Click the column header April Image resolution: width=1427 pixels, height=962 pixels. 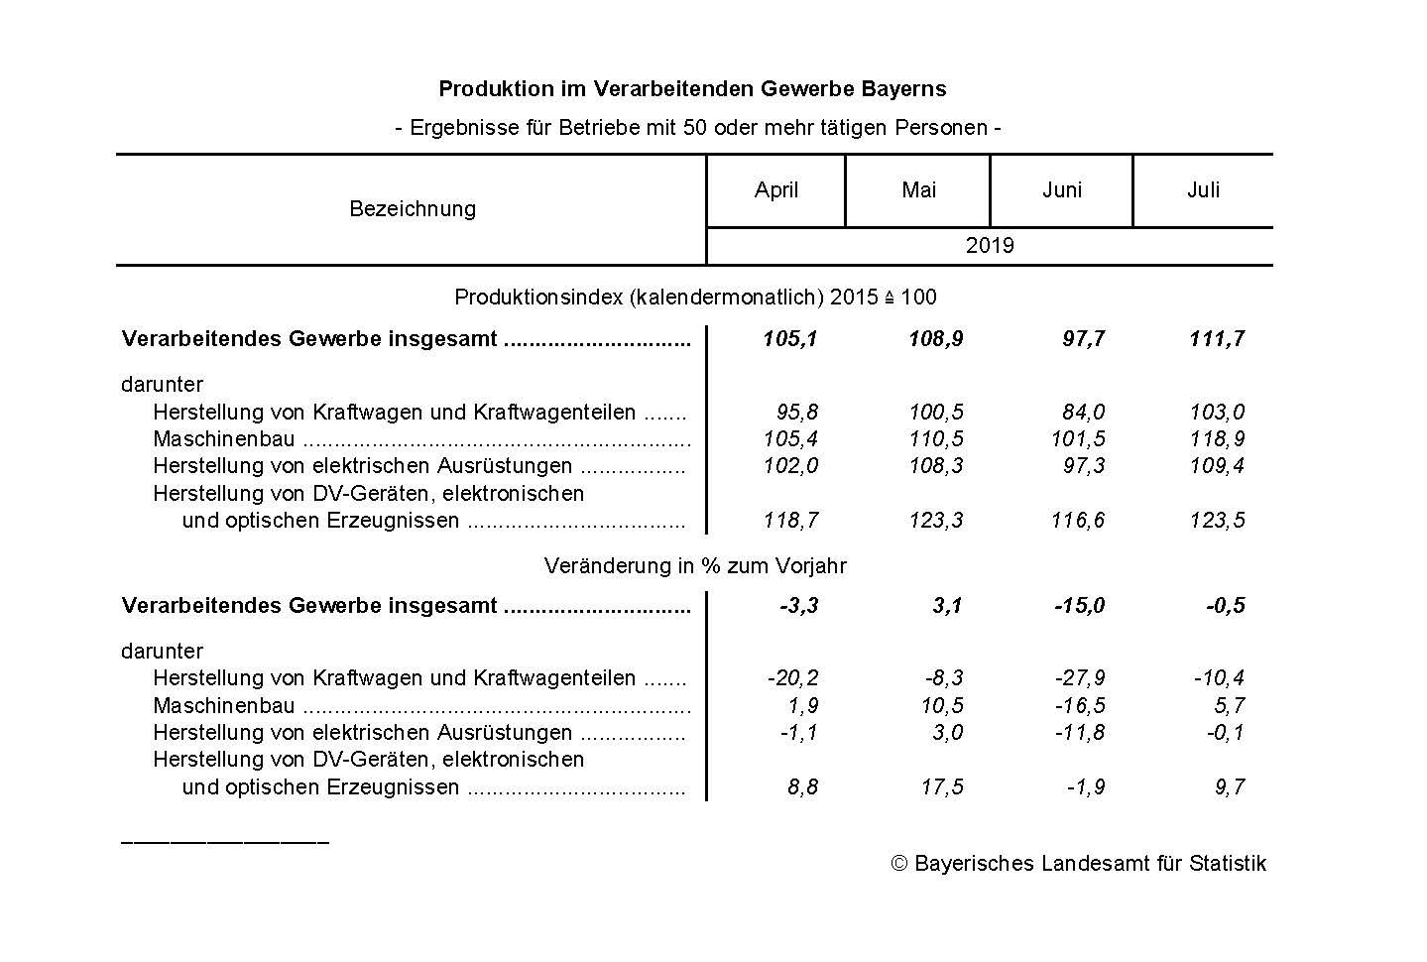[x=775, y=190]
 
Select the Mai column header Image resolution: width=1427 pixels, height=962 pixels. [x=918, y=190]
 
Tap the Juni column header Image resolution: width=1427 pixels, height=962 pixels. [x=1061, y=190]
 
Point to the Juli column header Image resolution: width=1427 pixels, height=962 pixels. [x=1203, y=190]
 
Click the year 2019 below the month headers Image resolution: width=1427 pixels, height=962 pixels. [x=989, y=246]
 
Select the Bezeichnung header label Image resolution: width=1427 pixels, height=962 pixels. [x=413, y=209]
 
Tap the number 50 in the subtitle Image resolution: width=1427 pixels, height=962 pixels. [x=696, y=128]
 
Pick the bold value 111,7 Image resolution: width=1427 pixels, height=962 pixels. [x=1216, y=339]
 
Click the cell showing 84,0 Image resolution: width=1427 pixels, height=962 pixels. [x=1083, y=413]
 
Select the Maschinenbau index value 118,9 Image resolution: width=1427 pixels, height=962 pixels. [x=1217, y=439]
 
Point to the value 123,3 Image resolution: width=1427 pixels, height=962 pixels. [x=936, y=521]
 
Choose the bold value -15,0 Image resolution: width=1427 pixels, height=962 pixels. [x=1079, y=606]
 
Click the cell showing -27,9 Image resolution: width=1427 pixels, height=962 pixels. [x=1079, y=678]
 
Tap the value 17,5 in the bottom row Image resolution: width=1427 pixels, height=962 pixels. [x=941, y=787]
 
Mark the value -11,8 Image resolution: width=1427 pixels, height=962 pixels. [x=1079, y=733]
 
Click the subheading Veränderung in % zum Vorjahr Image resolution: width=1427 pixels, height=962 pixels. [x=695, y=566]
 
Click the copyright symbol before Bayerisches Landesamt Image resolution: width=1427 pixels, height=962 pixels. [x=899, y=864]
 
